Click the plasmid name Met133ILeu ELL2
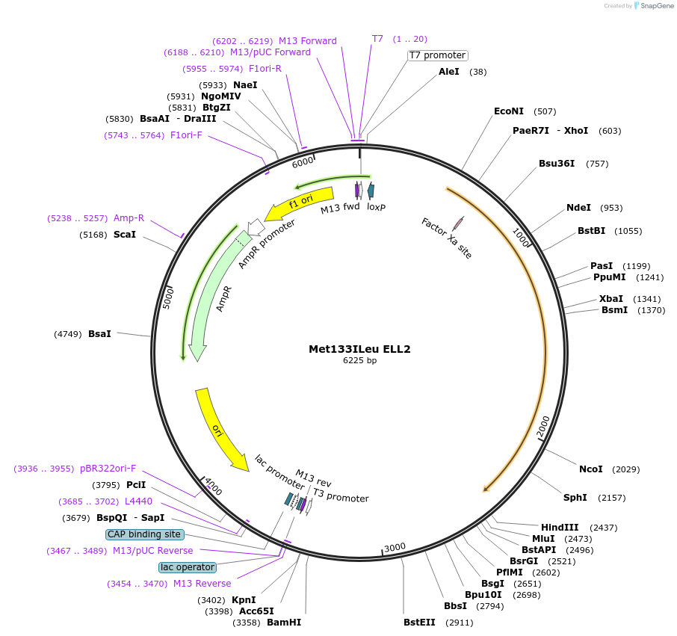coord(359,349)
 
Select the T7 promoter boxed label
coord(437,55)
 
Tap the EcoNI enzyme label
coord(509,111)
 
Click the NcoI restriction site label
coord(590,469)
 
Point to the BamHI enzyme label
coord(284,622)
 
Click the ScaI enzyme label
coord(125,235)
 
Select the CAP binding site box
coord(144,534)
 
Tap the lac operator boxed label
coord(187,567)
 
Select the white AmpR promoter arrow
coord(256,226)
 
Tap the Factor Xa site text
coord(447,238)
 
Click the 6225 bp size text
coord(359,360)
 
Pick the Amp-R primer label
coord(129,218)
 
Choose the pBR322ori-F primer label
coord(108,469)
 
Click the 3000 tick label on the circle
coord(395,547)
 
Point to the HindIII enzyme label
coord(560,527)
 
